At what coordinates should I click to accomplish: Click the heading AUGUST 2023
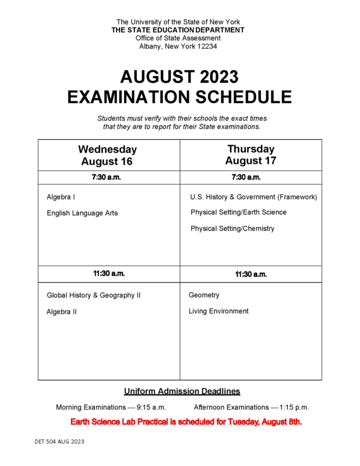tap(179, 77)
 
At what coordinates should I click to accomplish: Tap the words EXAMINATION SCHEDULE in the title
tap(179, 97)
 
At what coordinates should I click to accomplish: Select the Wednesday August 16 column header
tap(108, 155)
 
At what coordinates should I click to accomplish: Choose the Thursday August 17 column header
tap(250, 154)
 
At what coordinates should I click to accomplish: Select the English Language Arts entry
tap(82, 213)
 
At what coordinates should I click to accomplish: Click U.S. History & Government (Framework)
tap(253, 197)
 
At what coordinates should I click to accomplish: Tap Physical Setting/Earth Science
tap(238, 213)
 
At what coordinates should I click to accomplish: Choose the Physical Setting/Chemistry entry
tap(232, 229)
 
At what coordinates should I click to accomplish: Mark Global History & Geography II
tap(93, 295)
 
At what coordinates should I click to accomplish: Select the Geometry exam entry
tap(204, 295)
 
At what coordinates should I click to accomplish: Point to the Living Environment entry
tap(218, 312)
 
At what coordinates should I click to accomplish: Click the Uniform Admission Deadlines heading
tap(182, 391)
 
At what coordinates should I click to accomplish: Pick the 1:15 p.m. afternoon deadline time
tap(294, 407)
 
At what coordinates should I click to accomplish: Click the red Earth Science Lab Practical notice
tap(186, 422)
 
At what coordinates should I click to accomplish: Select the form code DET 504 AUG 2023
tap(59, 442)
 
